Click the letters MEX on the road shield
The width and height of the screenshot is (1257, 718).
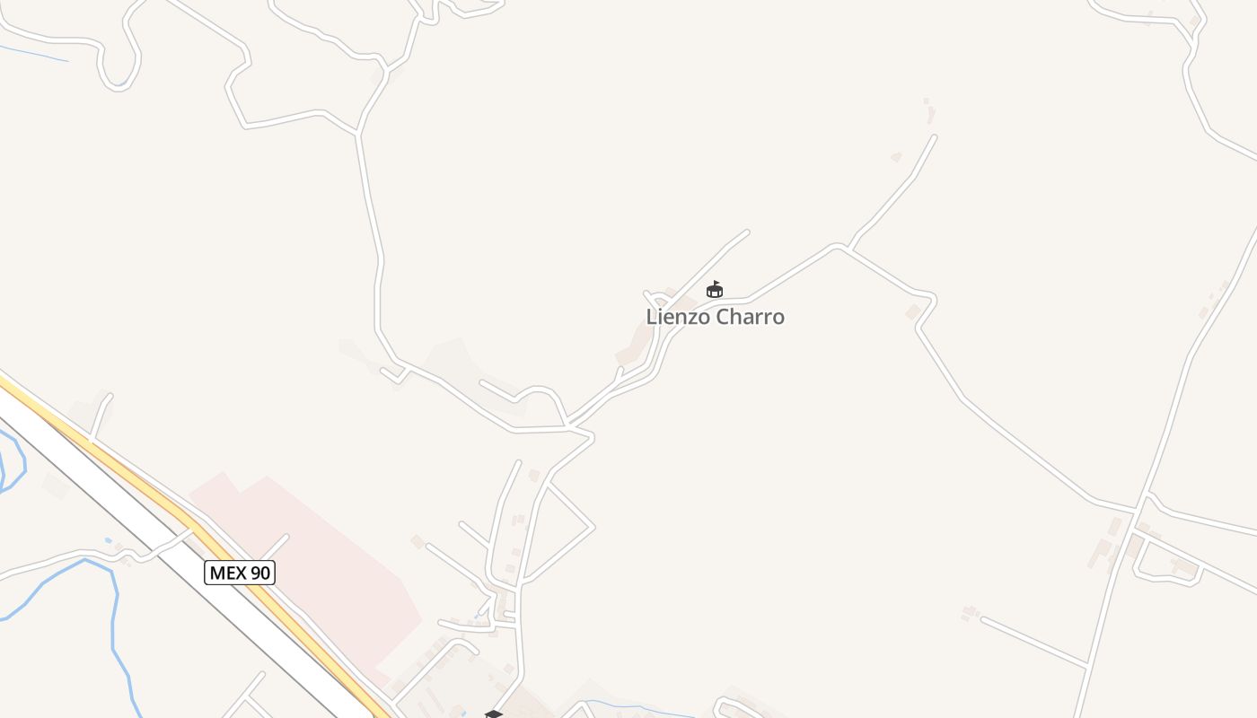tap(228, 573)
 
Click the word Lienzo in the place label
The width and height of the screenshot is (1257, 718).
tap(675, 317)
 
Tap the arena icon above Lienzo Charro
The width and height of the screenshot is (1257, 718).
tap(715, 289)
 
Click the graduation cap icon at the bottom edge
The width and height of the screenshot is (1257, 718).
tap(493, 714)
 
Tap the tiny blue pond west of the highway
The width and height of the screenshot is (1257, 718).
tap(108, 540)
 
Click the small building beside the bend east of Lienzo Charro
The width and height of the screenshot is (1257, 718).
tap(914, 311)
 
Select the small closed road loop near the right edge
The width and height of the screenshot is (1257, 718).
tap(1165, 565)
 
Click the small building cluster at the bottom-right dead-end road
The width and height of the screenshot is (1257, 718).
tap(968, 613)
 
